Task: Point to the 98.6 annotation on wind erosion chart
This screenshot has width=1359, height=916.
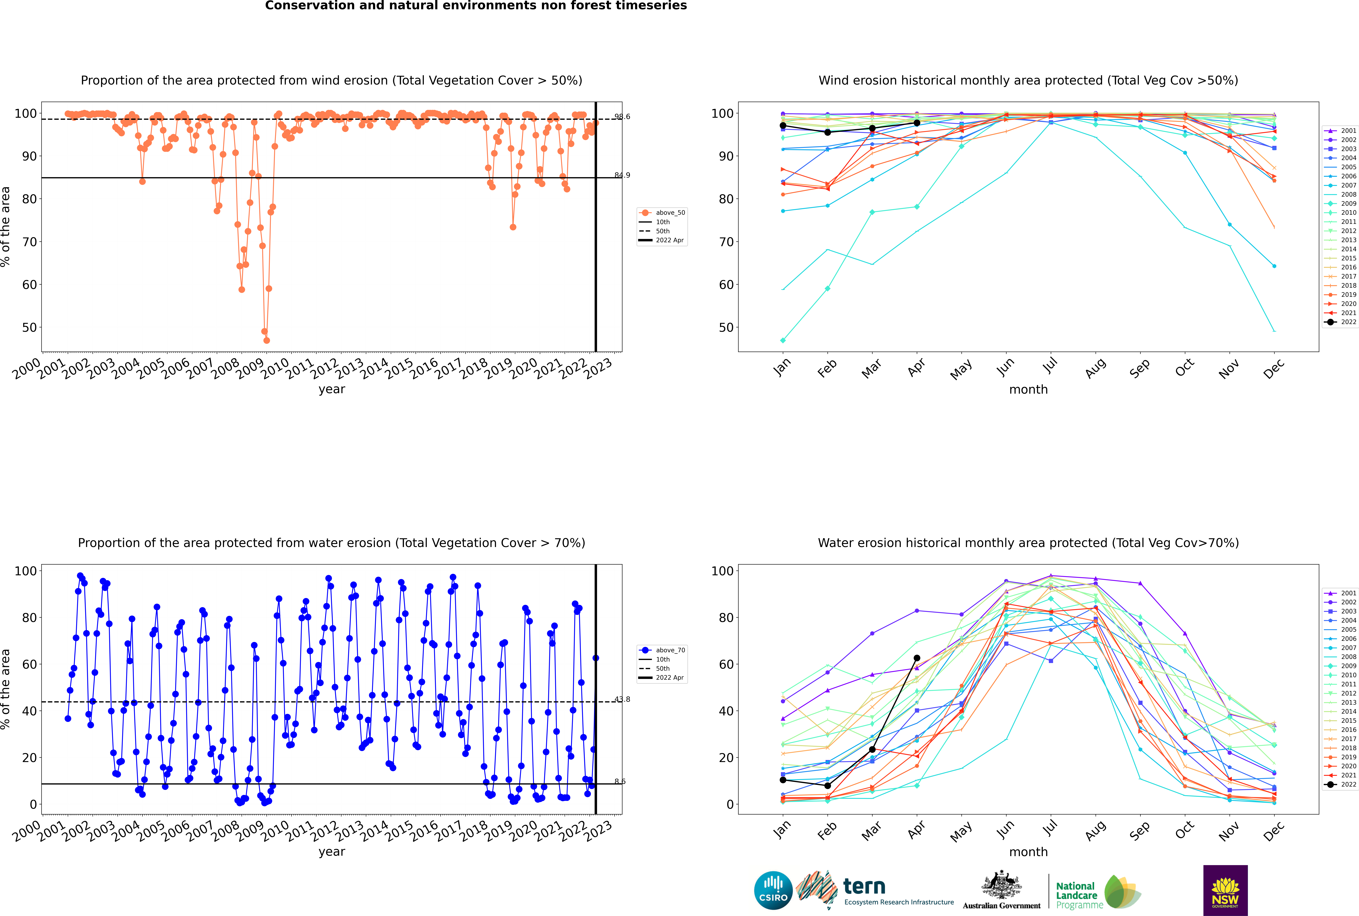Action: coord(622,117)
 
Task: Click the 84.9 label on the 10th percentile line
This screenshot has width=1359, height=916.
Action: coord(622,175)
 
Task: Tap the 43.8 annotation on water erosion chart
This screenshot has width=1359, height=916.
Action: coord(622,699)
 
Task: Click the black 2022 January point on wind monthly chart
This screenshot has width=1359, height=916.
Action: coord(783,126)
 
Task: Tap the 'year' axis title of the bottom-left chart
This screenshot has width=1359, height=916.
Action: coord(332,852)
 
